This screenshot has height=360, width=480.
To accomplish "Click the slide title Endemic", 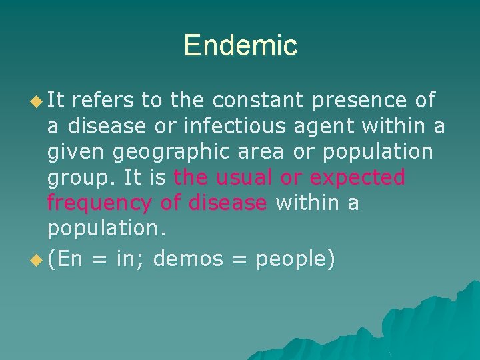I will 240,45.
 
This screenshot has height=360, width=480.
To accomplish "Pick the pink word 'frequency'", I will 95,203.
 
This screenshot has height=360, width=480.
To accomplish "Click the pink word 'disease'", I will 227,202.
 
